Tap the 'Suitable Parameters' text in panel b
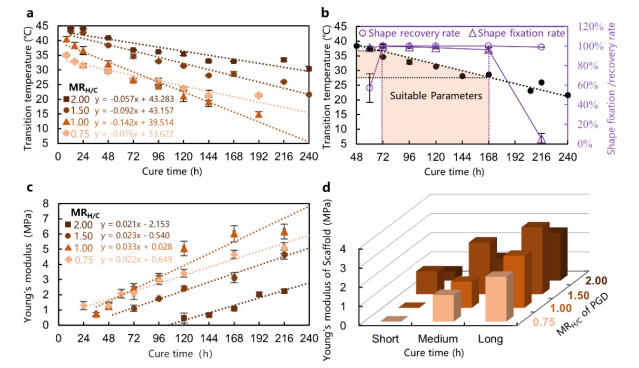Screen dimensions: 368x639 pyautogui.click(x=436, y=96)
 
